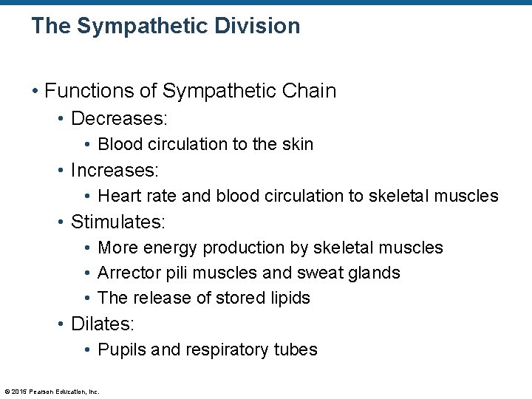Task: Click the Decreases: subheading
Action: [119, 118]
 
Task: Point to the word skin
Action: [297, 144]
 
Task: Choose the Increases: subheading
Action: [115, 170]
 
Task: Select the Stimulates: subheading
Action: [118, 222]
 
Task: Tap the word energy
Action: [171, 248]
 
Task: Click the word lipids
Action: [291, 298]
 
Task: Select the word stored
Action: [245, 298]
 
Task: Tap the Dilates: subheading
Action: [103, 324]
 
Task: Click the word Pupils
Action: [121, 349]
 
